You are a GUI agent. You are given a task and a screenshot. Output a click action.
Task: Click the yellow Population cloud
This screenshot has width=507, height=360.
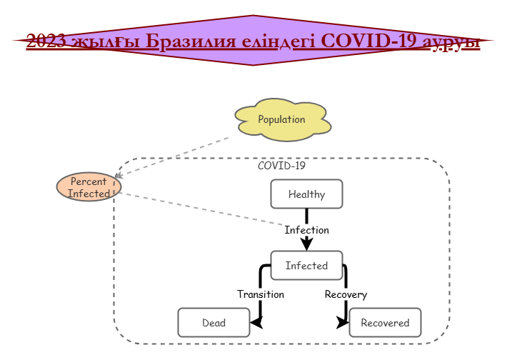pyautogui.click(x=283, y=120)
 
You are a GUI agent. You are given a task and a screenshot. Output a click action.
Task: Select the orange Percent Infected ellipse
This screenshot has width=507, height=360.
pyautogui.click(x=89, y=187)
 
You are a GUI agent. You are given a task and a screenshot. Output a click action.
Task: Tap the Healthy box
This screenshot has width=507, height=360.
pyautogui.click(x=306, y=194)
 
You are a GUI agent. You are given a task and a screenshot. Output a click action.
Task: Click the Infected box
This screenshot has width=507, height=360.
pyautogui.click(x=306, y=265)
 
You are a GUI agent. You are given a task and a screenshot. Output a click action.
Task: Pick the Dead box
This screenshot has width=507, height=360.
pyautogui.click(x=214, y=322)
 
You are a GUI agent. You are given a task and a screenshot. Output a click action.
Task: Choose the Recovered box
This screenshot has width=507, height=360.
pyautogui.click(x=385, y=322)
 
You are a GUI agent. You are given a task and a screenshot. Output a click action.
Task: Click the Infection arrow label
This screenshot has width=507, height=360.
pyautogui.click(x=306, y=230)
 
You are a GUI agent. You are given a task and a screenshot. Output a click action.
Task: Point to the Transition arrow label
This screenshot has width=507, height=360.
pyautogui.click(x=261, y=294)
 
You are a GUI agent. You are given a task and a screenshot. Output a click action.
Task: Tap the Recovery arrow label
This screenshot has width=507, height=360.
pyautogui.click(x=346, y=294)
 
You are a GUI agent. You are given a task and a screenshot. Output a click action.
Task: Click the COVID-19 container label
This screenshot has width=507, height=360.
pyautogui.click(x=281, y=166)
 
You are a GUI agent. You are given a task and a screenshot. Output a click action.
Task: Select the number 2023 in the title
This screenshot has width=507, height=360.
pyautogui.click(x=46, y=41)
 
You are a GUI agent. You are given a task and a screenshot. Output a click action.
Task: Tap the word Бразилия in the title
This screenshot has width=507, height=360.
pyautogui.click(x=191, y=41)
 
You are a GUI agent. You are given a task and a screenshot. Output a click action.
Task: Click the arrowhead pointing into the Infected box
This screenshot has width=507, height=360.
pyautogui.click(x=306, y=244)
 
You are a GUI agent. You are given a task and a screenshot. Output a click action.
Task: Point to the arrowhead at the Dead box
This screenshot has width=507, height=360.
pyautogui.click(x=256, y=322)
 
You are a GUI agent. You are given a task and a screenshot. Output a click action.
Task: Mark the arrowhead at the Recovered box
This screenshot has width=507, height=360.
pyautogui.click(x=343, y=322)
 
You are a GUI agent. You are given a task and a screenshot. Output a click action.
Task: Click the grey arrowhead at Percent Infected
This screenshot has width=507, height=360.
pyautogui.click(x=119, y=175)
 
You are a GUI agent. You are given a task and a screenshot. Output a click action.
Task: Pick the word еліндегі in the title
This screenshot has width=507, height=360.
pyautogui.click(x=278, y=41)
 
